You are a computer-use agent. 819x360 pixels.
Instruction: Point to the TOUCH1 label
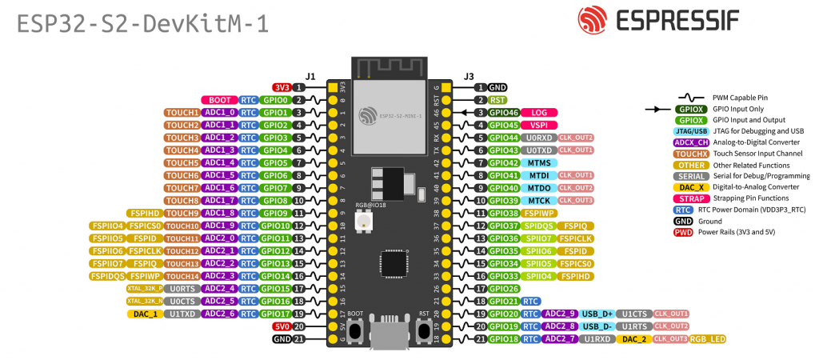point(182,113)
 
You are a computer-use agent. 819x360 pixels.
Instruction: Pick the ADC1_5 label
point(219,175)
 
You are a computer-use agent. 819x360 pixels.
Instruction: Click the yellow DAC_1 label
point(145,314)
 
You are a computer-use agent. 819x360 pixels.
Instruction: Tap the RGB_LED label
point(707,339)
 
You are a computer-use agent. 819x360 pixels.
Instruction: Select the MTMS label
point(538,162)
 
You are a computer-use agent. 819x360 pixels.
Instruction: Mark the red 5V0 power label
point(281,326)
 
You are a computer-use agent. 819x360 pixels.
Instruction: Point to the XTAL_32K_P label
point(144,288)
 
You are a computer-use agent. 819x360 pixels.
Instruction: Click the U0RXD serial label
point(538,138)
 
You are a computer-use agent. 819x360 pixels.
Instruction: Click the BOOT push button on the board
point(355,328)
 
